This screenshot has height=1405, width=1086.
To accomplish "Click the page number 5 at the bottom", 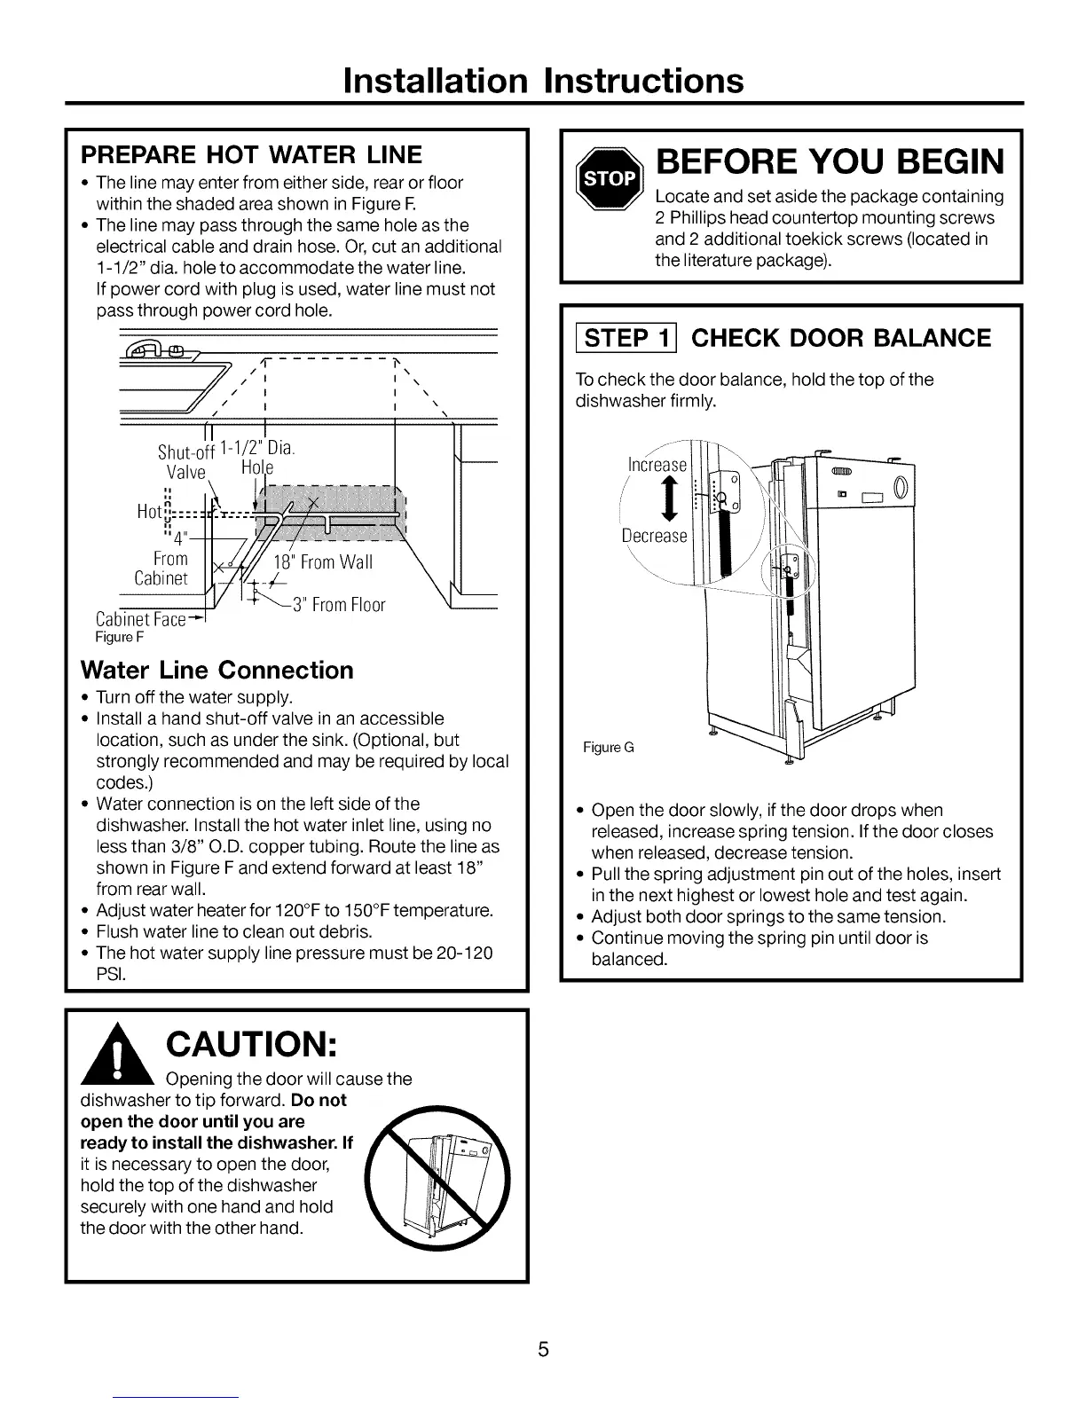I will tap(544, 1350).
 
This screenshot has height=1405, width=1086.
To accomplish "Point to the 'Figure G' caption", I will tap(608, 748).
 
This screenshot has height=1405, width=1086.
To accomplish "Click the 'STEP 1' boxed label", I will tap(626, 338).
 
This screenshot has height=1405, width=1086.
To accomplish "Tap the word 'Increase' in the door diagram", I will tap(657, 465).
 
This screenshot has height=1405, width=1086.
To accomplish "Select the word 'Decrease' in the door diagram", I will tap(654, 536).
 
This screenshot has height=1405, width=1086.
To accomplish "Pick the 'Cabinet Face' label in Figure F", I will tap(140, 619).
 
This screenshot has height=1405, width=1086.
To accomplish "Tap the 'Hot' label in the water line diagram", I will tap(150, 512).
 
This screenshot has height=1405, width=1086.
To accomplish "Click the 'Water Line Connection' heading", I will tap(216, 670).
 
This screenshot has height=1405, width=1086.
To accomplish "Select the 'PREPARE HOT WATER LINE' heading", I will tap(251, 155).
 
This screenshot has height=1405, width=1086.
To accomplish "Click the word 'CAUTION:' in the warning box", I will tap(250, 1046).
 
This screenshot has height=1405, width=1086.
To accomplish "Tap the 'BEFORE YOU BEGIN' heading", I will tap(829, 161).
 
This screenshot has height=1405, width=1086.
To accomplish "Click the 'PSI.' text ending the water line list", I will tap(110, 975).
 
